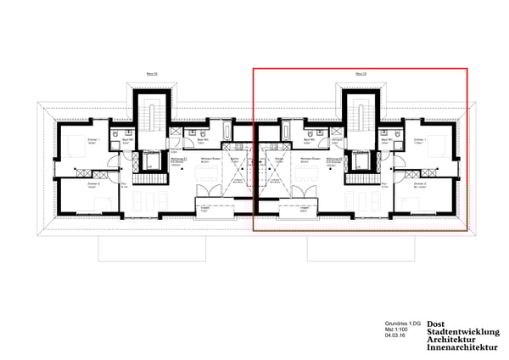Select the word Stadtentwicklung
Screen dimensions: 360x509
point(463,332)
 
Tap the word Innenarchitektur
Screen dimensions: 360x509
point(463,348)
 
